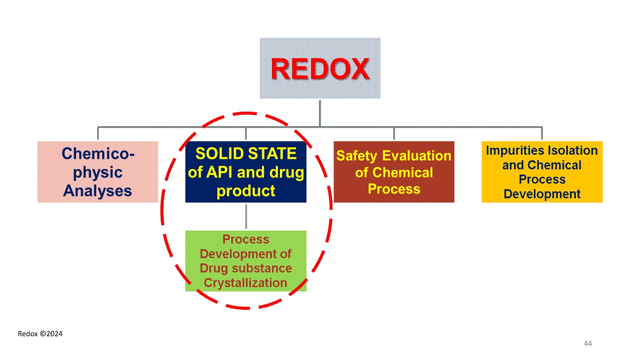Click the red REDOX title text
320,69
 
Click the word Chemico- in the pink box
98,154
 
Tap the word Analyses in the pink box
98,190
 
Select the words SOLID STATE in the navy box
246,153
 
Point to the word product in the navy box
246,190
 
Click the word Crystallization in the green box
245,282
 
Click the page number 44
588,343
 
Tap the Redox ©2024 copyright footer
40,333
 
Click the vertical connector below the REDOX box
320,112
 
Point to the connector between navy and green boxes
246,216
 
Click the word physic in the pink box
98,172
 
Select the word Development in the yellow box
542,194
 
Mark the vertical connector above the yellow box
542,134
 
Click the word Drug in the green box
212,268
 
